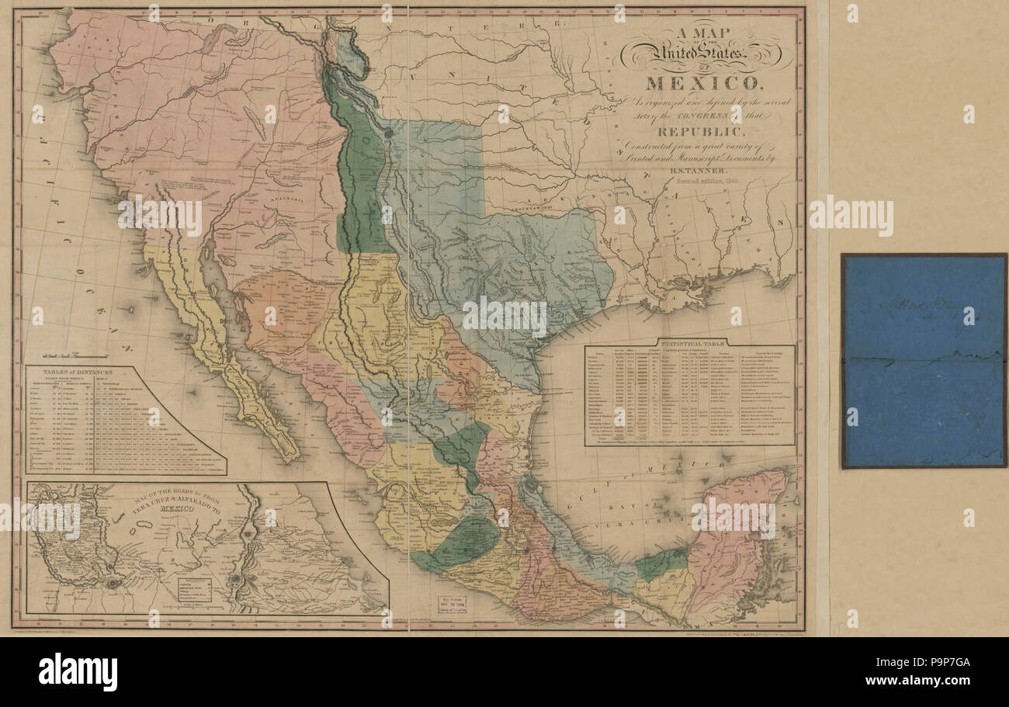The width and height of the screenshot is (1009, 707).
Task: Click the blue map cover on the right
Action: click(x=923, y=361)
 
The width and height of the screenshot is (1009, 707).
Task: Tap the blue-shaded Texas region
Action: click(x=512, y=256)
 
